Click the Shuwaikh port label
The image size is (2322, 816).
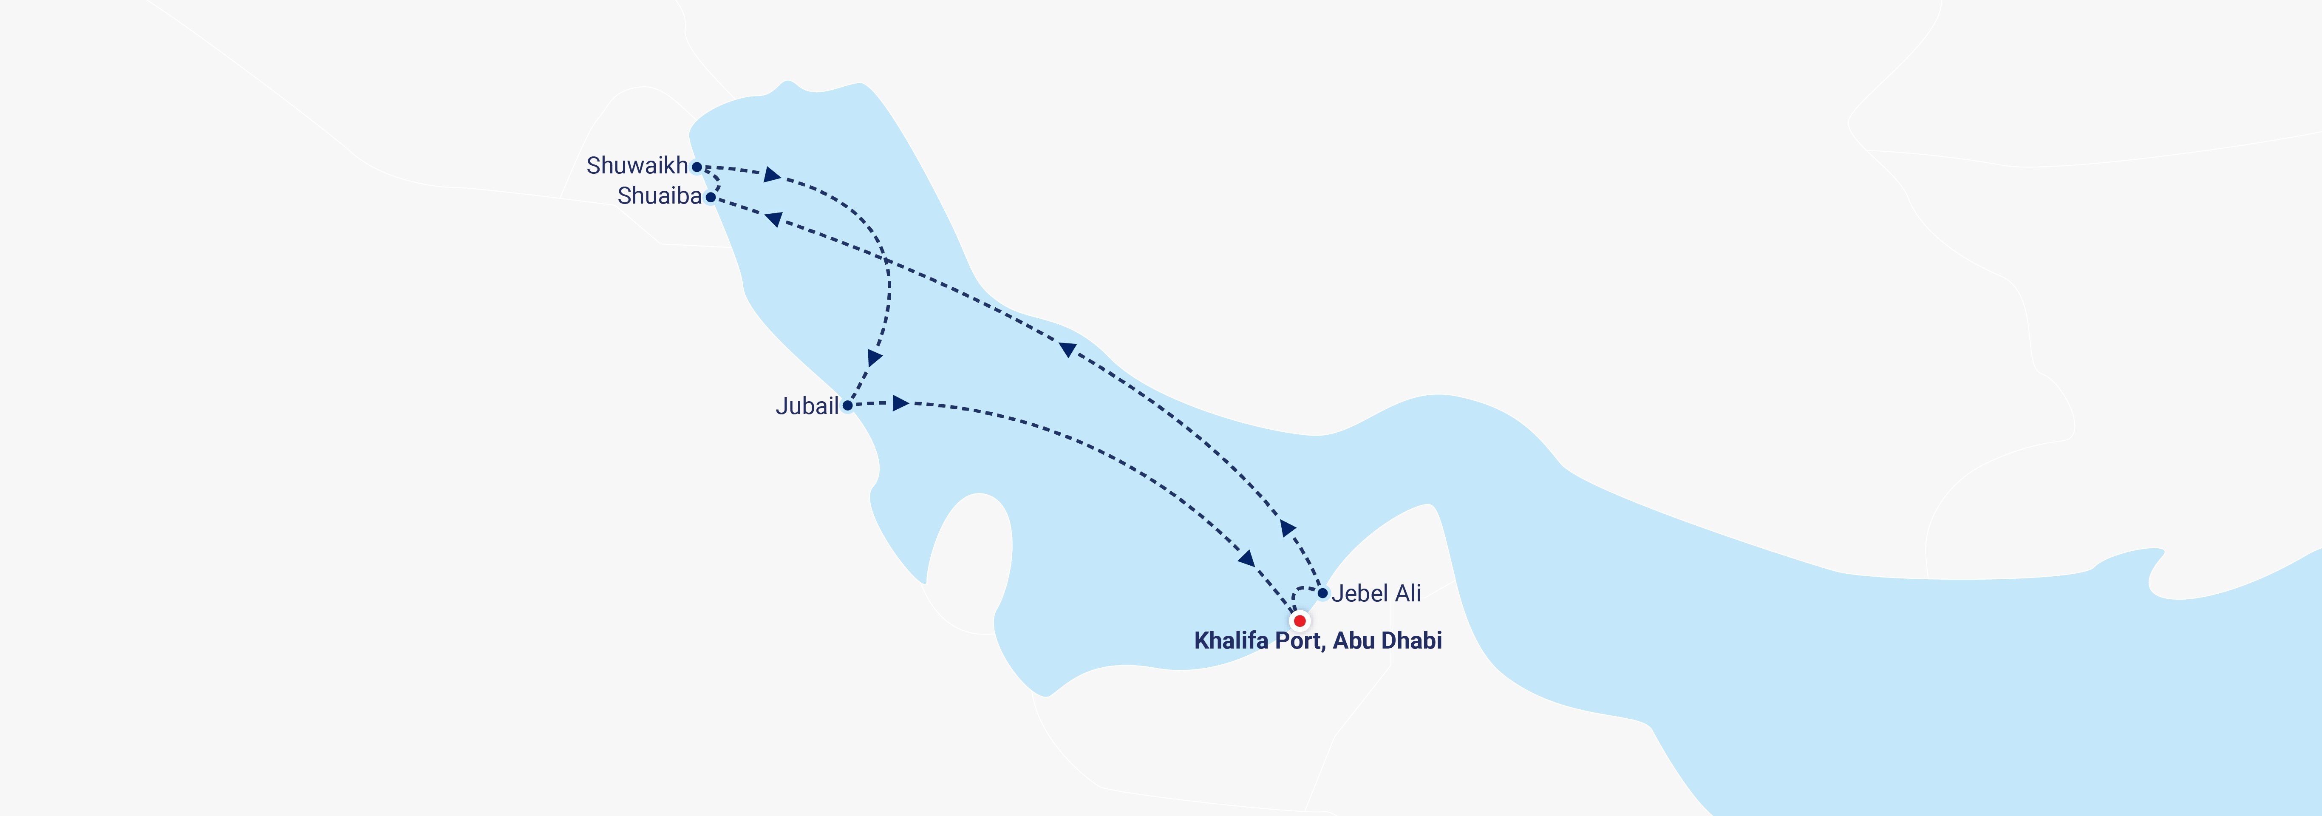[637, 166]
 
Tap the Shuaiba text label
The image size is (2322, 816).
[659, 195]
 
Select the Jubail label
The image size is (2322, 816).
[807, 407]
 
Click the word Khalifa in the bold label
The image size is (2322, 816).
[1229, 641]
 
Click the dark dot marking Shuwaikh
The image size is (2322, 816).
[697, 167]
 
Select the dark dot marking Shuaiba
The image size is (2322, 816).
[711, 196]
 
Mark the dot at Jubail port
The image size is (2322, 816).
[847, 406]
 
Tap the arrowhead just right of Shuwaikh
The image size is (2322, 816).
[772, 174]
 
